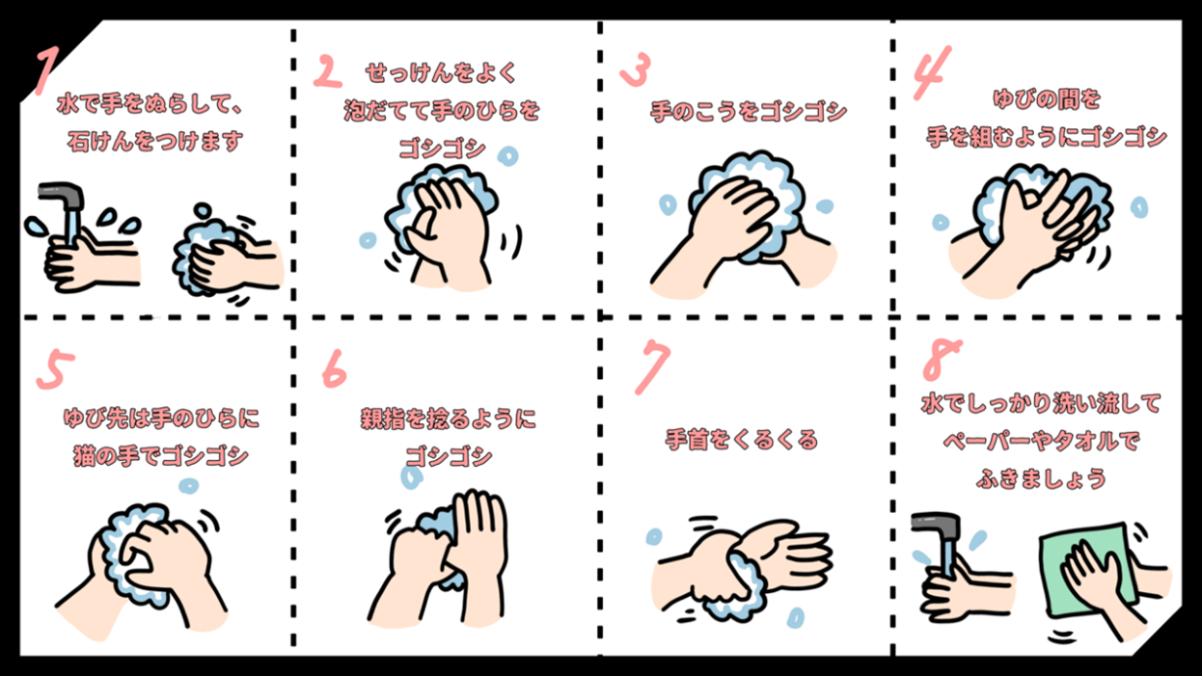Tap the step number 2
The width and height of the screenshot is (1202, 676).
pyautogui.click(x=328, y=72)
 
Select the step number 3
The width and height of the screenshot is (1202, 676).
pyautogui.click(x=635, y=70)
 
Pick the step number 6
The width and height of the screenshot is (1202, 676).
pyautogui.click(x=334, y=367)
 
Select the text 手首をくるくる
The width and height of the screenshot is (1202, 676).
pyautogui.click(x=742, y=440)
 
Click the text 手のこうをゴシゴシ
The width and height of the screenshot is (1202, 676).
pyautogui.click(x=748, y=112)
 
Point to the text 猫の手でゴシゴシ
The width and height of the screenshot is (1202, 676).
pyautogui.click(x=161, y=454)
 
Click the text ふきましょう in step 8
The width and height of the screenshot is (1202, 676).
pyautogui.click(x=1040, y=477)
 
